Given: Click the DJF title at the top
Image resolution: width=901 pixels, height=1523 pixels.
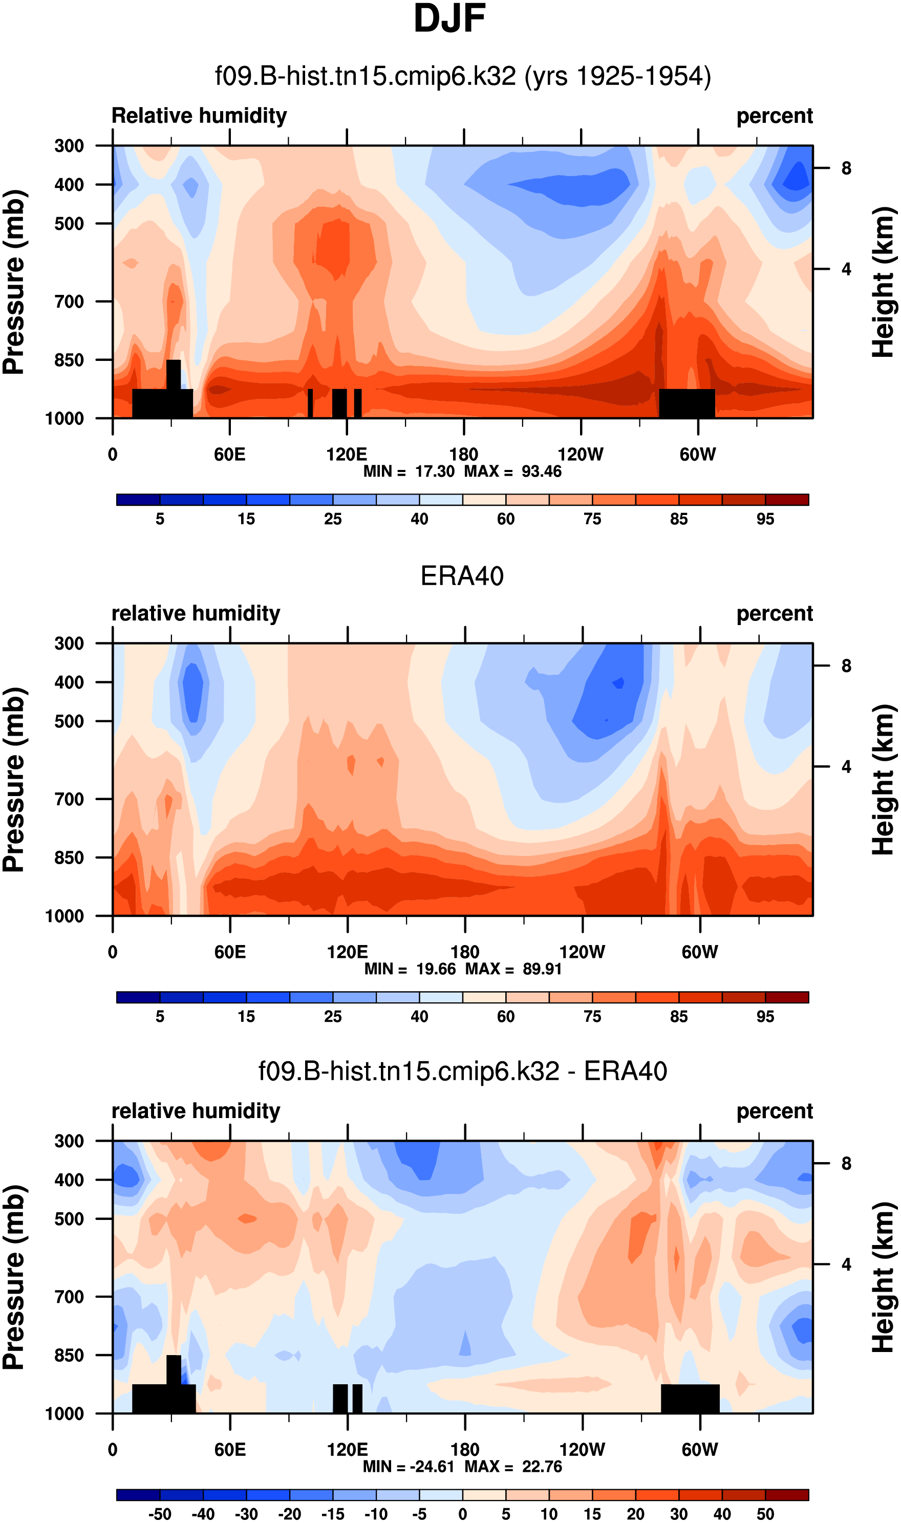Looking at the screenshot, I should [449, 19].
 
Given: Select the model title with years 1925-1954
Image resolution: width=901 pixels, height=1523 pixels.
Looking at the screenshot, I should [463, 76].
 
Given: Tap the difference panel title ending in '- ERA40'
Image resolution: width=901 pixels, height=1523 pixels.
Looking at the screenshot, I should [463, 1071].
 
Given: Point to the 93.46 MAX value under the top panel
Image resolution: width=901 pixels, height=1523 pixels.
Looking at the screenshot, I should [542, 471].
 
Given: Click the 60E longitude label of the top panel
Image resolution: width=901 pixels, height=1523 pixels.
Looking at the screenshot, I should [229, 454].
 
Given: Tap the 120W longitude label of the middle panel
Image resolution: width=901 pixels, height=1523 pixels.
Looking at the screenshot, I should [582, 951].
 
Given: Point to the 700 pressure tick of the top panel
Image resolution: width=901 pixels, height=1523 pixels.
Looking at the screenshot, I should [69, 301].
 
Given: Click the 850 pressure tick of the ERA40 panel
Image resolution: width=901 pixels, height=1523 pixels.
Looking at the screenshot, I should [69, 857].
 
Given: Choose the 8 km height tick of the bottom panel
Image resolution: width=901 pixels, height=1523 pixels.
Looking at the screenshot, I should [846, 1163].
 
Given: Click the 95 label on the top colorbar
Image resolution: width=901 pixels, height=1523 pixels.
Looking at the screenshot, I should [765, 519].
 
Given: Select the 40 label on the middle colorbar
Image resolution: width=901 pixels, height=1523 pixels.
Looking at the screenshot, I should [419, 1016].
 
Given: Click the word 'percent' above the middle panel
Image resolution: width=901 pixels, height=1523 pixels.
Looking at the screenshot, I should [774, 613].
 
